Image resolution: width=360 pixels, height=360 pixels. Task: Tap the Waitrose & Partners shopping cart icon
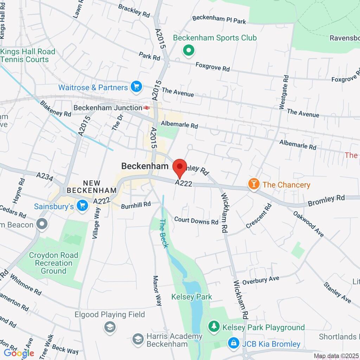tap(136, 87)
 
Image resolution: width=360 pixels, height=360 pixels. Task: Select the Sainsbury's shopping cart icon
tap(83, 206)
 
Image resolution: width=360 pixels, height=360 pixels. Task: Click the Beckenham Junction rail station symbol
tap(146, 108)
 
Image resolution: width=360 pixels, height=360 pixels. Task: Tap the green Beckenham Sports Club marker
tap(189, 51)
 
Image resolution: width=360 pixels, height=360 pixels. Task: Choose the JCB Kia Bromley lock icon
tap(233, 343)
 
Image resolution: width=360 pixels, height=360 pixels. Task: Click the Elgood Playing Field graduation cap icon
tap(110, 327)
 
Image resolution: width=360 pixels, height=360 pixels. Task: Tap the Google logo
tap(19, 353)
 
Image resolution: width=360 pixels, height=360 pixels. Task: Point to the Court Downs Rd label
tap(196, 221)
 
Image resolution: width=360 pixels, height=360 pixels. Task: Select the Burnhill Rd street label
tap(136, 204)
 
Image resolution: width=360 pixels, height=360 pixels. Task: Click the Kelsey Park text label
tap(192, 297)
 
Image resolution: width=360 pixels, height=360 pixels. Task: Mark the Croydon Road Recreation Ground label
tap(51, 263)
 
